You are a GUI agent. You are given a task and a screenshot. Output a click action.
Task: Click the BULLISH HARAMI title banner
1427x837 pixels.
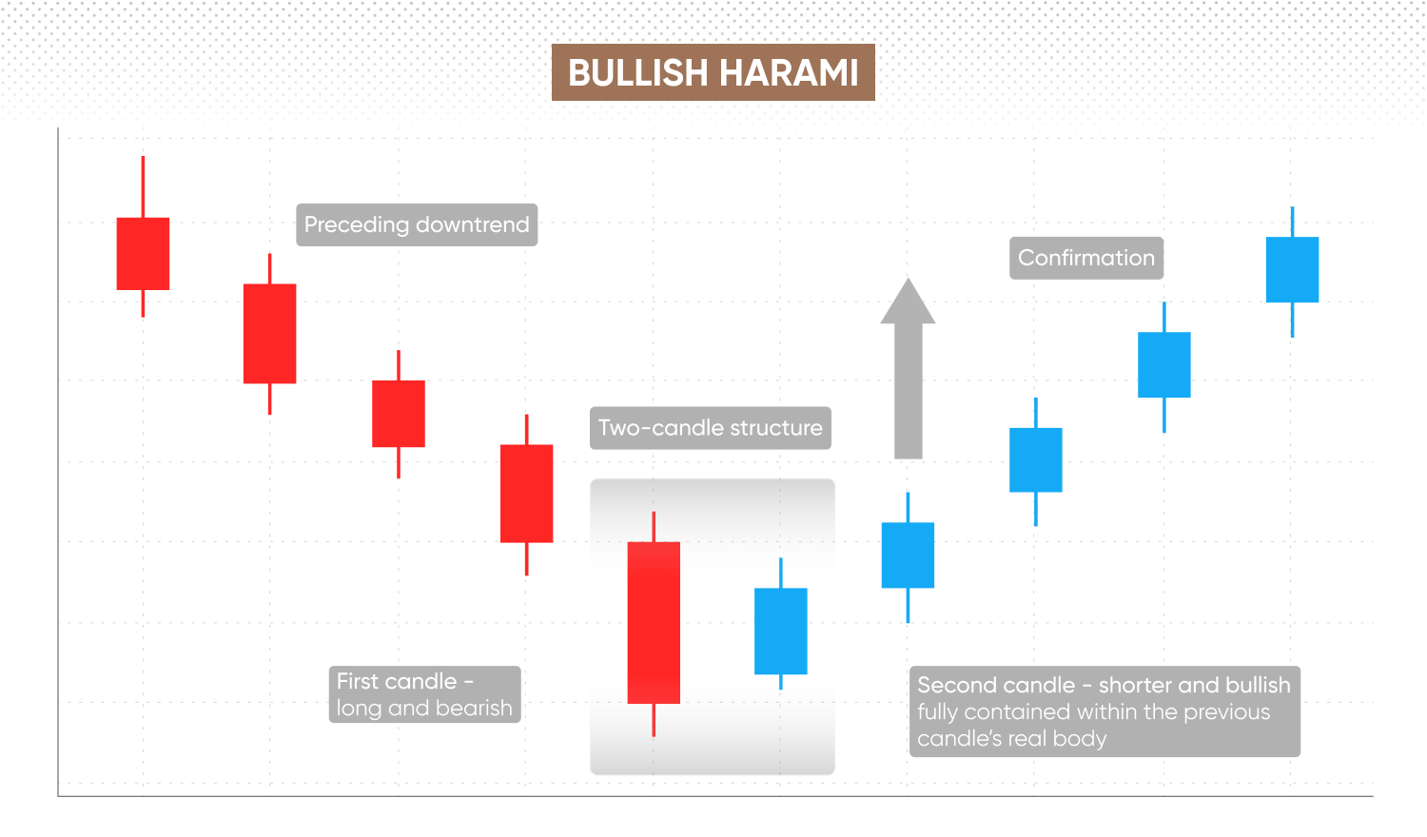tap(713, 72)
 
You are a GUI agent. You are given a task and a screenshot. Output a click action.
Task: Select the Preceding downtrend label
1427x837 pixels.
tap(417, 224)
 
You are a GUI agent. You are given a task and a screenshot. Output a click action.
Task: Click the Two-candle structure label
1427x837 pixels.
tap(711, 428)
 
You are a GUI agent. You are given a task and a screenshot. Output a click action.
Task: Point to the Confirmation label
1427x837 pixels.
tap(1086, 258)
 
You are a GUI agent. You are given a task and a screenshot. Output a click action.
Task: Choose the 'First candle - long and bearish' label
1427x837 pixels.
tap(425, 694)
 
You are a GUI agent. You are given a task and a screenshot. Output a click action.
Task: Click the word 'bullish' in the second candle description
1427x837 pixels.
tap(1259, 686)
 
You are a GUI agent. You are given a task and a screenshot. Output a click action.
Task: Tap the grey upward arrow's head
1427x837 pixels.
tap(908, 302)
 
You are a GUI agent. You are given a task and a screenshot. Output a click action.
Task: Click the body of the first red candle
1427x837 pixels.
tap(143, 254)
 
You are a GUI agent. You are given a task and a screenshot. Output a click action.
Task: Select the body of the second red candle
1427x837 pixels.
tap(269, 334)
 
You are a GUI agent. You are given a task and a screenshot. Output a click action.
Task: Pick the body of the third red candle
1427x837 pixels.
tap(399, 414)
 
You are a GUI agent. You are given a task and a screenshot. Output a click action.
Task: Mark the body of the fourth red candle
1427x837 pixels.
tap(527, 494)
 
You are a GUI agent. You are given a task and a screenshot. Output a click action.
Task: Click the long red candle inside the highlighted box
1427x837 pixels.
tap(654, 623)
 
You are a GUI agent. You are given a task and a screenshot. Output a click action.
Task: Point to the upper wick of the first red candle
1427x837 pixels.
tap(143, 186)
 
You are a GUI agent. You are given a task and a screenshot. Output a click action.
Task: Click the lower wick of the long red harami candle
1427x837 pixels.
tap(654, 720)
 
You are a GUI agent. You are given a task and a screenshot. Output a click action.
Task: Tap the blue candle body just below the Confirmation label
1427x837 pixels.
tap(1163, 364)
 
